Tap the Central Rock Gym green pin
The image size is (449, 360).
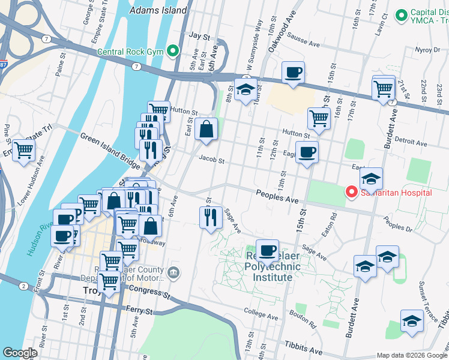(174, 50)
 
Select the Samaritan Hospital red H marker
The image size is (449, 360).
(351, 193)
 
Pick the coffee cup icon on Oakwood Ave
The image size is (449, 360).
(293, 73)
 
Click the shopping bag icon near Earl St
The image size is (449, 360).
(206, 128)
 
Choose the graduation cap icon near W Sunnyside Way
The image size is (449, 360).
(246, 89)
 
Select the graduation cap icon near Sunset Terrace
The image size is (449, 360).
(412, 321)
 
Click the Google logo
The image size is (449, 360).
(19, 353)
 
